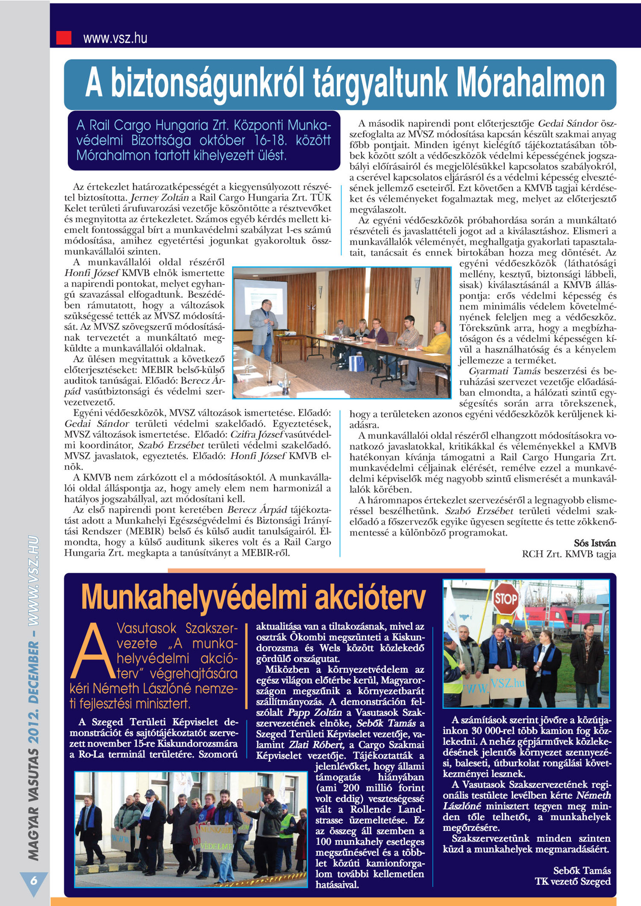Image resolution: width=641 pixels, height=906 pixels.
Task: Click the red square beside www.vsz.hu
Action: (x=64, y=38)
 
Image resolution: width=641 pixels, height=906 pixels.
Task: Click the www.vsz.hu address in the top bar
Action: (x=115, y=38)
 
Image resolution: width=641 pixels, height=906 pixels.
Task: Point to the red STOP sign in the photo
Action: (x=506, y=599)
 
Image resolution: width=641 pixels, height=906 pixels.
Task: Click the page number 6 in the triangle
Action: (x=34, y=881)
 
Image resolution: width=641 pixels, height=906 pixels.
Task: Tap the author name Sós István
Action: (x=595, y=543)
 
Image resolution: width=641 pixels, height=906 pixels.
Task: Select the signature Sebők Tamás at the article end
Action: (x=582, y=871)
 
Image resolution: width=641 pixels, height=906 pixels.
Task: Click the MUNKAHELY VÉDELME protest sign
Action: (x=216, y=838)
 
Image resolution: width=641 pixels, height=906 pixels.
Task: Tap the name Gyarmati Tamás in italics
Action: (x=504, y=371)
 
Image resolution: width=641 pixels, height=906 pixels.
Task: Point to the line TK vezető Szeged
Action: (x=573, y=882)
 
